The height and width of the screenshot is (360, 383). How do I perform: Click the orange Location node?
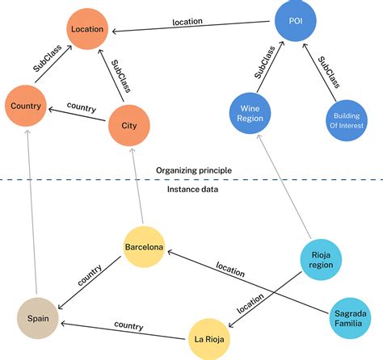[88, 30]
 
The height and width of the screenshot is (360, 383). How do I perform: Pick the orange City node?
[129, 125]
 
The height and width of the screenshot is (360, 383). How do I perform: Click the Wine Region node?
[248, 112]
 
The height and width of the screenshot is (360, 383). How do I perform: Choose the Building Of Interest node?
[348, 121]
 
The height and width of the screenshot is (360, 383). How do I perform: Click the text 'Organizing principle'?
[194, 170]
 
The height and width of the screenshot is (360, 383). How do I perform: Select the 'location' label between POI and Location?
[187, 22]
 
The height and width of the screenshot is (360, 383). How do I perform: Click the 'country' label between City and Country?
[82, 108]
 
